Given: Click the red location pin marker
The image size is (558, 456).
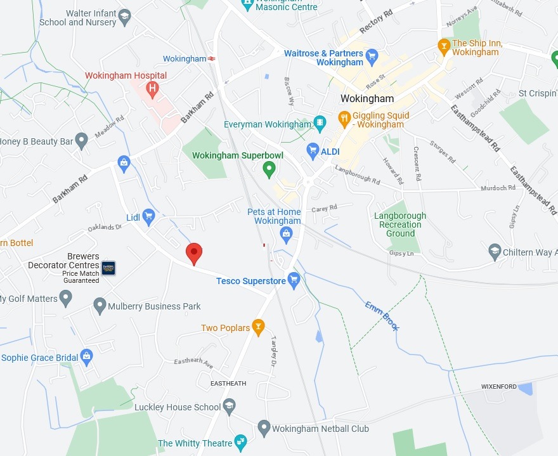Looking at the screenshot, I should point(194,253).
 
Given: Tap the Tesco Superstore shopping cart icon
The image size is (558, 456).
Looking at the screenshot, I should point(294,279).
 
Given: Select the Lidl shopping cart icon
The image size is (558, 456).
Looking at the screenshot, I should point(149,217).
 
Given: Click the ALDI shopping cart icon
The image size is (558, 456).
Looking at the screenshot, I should point(312,150).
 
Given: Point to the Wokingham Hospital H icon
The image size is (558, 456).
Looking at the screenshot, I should point(152,89).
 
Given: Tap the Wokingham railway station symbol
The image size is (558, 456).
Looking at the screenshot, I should point(211,59).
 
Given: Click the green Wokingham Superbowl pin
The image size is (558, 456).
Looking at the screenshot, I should point(269,169).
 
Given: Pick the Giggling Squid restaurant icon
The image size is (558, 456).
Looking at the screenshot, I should point(344,118).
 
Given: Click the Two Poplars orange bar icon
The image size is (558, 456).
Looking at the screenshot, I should point(258,327).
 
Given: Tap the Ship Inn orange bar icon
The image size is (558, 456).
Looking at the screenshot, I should point(444,46).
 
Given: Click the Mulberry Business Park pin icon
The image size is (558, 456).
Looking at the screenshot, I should point(100,306).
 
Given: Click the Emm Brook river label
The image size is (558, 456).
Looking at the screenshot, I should point(382,315).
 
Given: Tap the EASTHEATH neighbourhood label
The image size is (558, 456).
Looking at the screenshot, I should point(228,384).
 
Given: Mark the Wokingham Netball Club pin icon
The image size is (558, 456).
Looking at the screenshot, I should point(264,428).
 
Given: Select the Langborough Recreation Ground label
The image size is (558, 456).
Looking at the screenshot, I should point(400,225).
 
